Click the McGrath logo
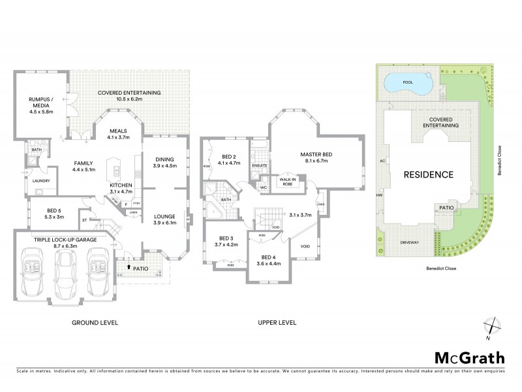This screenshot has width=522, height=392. point(469,357)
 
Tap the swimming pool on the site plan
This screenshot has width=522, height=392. point(408,84)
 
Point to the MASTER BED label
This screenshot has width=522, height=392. point(316,157)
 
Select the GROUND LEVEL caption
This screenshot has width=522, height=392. point(95,323)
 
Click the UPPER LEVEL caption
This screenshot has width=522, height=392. point(278,323)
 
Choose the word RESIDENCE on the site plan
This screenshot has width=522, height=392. point(427,174)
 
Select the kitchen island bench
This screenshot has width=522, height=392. point(117,169)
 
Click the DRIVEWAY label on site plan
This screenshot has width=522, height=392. point(410,242)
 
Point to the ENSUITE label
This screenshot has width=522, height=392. point(259,166)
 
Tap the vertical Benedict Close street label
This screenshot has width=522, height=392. point(498,157)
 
